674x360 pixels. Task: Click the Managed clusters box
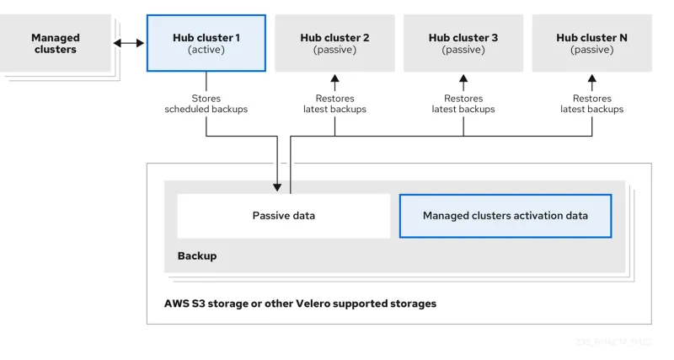(55, 43)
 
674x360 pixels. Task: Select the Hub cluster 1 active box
(206, 43)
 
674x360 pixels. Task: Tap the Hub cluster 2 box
(334, 43)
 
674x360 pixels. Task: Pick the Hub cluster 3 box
(463, 43)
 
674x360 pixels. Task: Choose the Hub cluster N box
(591, 43)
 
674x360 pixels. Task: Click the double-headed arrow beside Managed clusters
(128, 43)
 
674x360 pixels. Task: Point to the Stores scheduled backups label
(206, 104)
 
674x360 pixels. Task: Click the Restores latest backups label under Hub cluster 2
(334, 104)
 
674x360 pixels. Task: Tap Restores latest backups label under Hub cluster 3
(463, 104)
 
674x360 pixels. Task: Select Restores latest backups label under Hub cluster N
(591, 104)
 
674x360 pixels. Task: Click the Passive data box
(283, 216)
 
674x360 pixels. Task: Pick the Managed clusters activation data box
(505, 216)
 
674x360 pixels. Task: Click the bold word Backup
(196, 255)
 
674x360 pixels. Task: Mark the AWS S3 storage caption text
(300, 303)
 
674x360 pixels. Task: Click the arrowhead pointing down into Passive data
(277, 186)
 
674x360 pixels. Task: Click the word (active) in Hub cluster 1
(206, 51)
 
